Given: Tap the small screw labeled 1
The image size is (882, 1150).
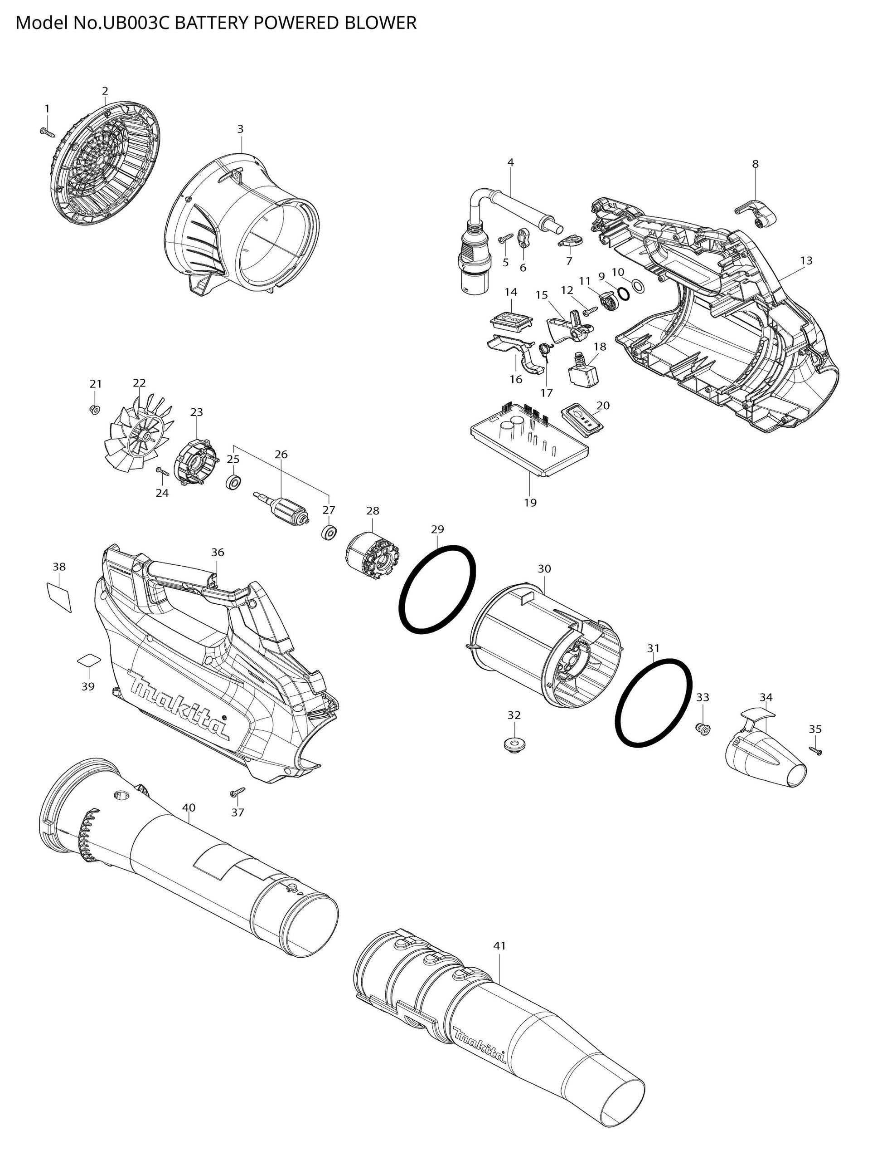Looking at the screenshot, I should coord(47,132).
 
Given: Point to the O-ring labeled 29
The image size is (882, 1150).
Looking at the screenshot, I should coord(438,588).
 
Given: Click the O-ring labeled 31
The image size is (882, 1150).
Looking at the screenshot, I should coord(653,702).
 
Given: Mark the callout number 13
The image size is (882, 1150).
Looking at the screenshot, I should coord(806,260).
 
